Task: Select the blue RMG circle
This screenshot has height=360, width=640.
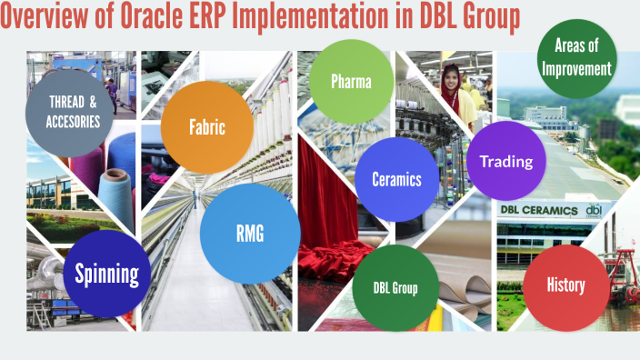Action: [x=249, y=233]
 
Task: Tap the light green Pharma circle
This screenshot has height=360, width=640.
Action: [x=350, y=82]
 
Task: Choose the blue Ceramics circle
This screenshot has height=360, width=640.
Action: [x=396, y=179]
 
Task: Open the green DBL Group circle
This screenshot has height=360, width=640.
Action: [x=395, y=288]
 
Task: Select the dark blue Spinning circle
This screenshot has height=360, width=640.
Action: [x=106, y=274]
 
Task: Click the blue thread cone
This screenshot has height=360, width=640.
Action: [x=115, y=186]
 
